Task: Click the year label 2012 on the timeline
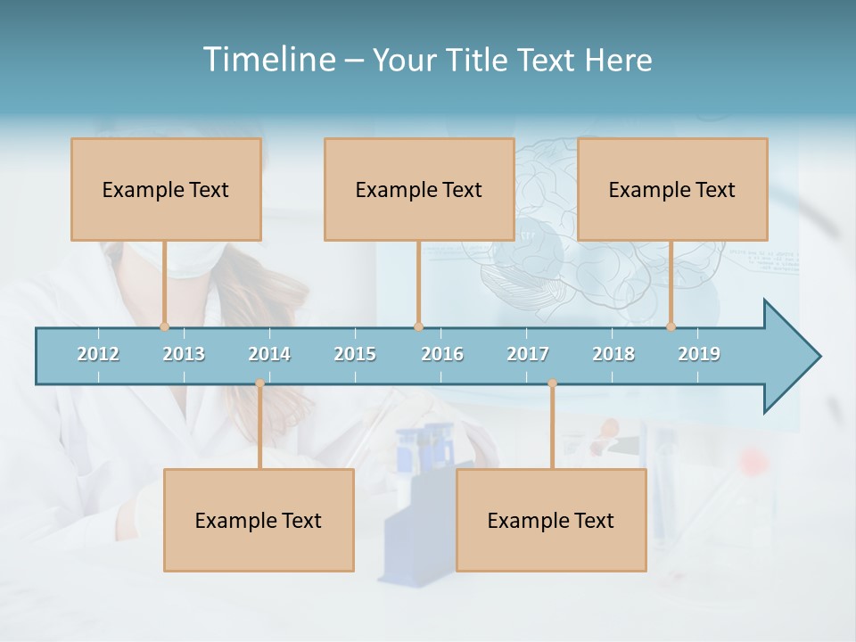click(x=98, y=354)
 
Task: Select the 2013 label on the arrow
click(x=184, y=354)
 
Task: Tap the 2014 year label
click(x=269, y=354)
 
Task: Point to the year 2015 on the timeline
click(x=355, y=354)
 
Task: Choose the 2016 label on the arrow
click(x=442, y=354)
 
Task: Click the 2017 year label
click(x=528, y=354)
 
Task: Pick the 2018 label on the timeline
click(x=613, y=354)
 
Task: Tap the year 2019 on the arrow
click(x=699, y=354)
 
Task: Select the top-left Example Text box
click(x=166, y=189)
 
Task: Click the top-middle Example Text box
click(x=419, y=189)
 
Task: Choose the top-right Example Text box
click(x=672, y=189)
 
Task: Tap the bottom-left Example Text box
click(x=259, y=520)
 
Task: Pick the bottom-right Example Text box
click(x=551, y=520)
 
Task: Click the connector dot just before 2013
click(x=164, y=326)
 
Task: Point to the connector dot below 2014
click(x=259, y=383)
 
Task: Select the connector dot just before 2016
click(x=418, y=326)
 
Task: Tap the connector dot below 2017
click(x=552, y=383)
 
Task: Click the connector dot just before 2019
click(x=671, y=326)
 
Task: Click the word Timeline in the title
click(x=268, y=60)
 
